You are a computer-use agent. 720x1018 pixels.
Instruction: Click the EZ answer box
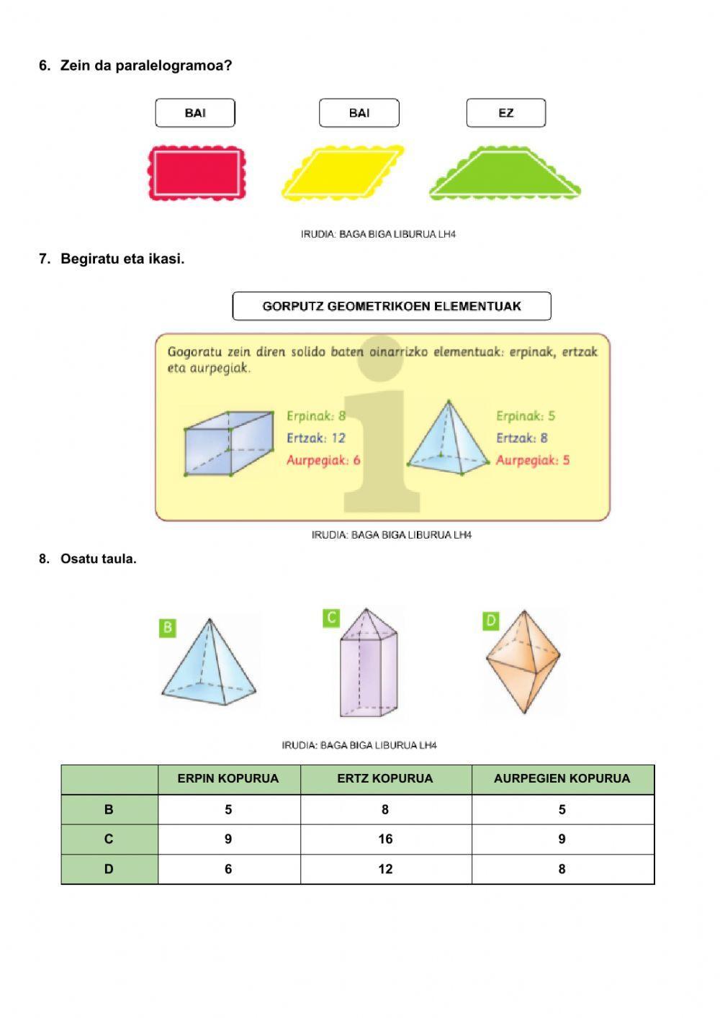505,113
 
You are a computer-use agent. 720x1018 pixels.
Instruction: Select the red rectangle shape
196,174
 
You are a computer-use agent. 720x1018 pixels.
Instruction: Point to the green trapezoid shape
505,176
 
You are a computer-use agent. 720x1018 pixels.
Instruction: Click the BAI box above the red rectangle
195,113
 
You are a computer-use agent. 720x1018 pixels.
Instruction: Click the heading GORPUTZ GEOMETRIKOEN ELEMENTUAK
392,306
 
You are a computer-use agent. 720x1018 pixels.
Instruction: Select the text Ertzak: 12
316,438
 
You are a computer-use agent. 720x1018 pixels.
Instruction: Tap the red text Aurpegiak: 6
323,460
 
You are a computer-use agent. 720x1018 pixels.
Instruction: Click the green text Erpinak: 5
526,415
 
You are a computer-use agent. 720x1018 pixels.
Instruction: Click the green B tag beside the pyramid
167,627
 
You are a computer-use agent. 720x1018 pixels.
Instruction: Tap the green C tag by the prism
330,618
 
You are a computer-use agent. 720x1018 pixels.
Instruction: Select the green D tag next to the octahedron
490,621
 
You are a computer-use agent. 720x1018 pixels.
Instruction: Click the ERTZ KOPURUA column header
385,779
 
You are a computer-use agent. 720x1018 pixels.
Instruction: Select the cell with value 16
385,839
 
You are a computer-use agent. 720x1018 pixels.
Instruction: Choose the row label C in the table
109,839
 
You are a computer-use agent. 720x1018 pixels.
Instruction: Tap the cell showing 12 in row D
385,869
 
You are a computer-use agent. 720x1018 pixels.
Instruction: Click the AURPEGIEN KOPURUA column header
562,779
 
